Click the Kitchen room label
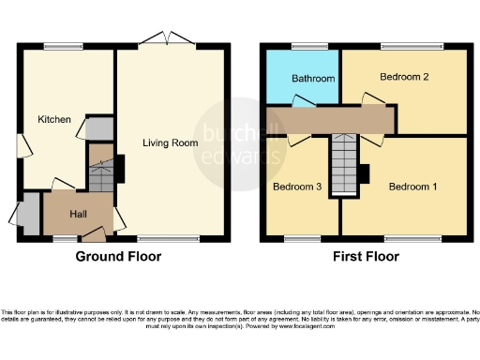coord(54,119)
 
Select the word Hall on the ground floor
coord(80,214)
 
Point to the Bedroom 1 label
coord(412,187)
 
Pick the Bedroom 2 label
coord(404,76)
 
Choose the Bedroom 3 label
coord(297,187)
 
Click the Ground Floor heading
coord(118,257)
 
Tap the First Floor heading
coord(366,257)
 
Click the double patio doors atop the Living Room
coord(167,39)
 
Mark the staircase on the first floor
coord(344,166)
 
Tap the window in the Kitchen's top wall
coord(62,46)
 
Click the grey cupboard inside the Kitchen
coord(98,128)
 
